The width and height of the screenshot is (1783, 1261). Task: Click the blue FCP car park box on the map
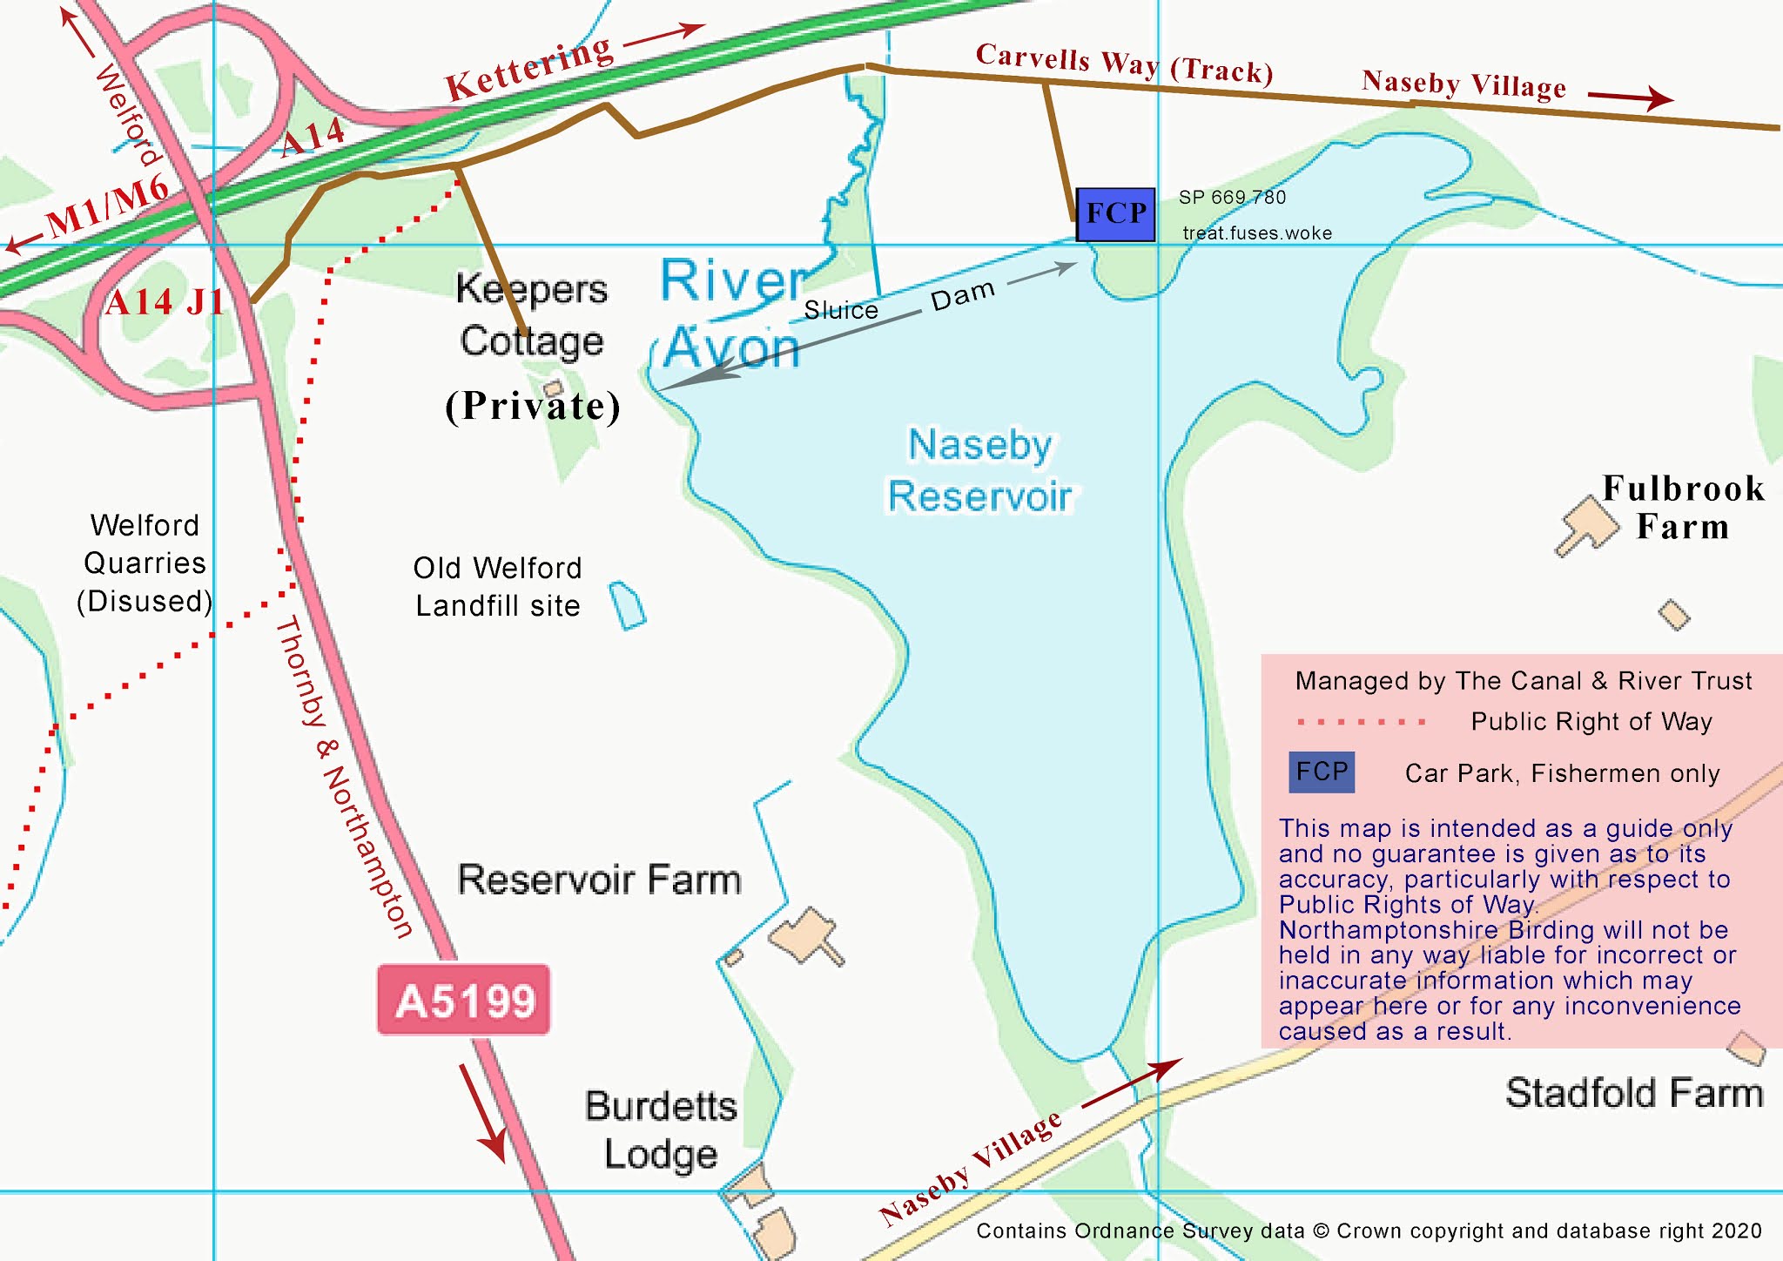pos(1115,214)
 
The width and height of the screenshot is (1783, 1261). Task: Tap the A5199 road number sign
pos(463,1000)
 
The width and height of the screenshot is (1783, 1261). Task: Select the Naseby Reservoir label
pos(979,470)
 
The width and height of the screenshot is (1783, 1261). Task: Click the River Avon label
pos(731,314)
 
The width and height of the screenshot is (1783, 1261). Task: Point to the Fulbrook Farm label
pos(1682,507)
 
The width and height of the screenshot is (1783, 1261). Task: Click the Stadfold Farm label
pos(1633,1092)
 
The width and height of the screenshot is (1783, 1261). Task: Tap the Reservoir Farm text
pos(599,880)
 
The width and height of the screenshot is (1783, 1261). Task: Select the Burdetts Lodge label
pos(660,1130)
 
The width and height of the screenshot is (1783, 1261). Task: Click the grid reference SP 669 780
pos(1232,198)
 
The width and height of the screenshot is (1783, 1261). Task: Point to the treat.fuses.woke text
pos(1256,233)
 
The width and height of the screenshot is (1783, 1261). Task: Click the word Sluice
pos(840,310)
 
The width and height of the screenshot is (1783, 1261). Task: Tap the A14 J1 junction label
pos(165,303)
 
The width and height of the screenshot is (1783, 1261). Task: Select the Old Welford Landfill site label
pos(497,587)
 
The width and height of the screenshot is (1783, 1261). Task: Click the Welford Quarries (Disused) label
pos(145,563)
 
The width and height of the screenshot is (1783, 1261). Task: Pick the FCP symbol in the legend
pos(1321,772)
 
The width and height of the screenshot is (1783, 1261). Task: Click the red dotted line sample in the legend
pos(1360,722)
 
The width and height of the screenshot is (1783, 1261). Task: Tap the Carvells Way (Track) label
pos(1123,63)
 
